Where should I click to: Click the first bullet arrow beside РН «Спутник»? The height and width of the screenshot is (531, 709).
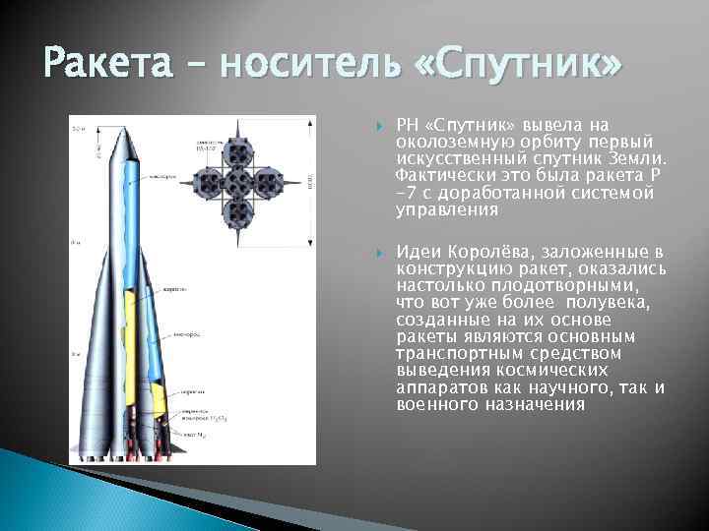(380, 126)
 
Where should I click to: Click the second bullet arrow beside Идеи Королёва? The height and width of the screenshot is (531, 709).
(380, 252)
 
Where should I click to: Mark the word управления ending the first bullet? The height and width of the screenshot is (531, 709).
(436, 210)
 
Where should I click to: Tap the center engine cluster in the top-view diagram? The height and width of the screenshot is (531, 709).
(237, 181)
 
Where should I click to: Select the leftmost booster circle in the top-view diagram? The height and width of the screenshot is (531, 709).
(207, 181)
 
